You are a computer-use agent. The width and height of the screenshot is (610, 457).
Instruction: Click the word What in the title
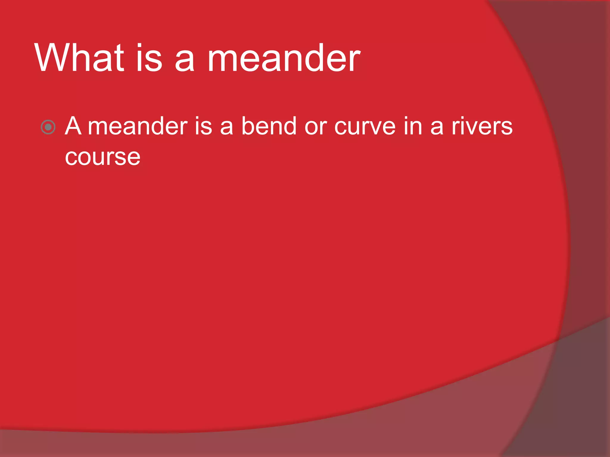click(x=79, y=58)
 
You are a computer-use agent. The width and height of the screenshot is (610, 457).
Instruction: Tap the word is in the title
click(x=149, y=58)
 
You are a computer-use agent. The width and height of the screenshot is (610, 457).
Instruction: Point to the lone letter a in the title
click(x=185, y=61)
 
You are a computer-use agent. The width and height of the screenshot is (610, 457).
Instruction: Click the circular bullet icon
click(x=48, y=127)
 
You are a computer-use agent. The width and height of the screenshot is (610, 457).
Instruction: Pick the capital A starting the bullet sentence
click(x=73, y=126)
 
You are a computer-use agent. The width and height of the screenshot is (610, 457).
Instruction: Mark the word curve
click(x=365, y=127)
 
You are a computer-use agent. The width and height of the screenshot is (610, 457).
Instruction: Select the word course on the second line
click(x=102, y=158)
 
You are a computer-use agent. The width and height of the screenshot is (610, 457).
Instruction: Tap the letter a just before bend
click(x=226, y=128)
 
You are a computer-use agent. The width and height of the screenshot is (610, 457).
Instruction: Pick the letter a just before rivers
click(x=437, y=128)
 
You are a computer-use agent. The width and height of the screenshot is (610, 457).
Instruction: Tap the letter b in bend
click(x=248, y=126)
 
